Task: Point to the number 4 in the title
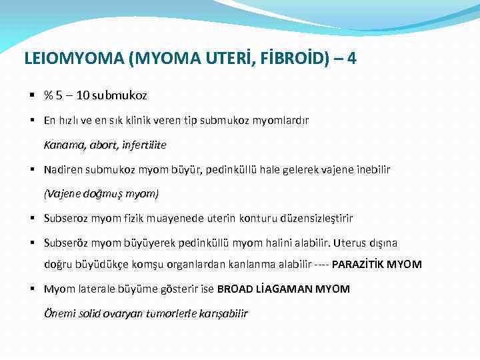(351, 59)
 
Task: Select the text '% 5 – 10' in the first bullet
(67, 95)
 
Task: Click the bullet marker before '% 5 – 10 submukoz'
(32, 95)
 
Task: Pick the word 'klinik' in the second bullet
(173, 121)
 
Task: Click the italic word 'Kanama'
(63, 145)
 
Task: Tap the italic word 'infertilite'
(143, 145)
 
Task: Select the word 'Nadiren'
(64, 169)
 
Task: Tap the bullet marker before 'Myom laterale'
(32, 289)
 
